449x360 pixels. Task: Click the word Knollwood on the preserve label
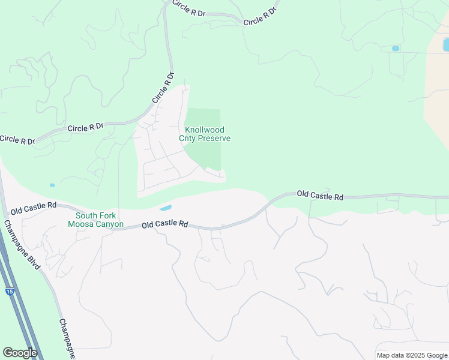[205, 130]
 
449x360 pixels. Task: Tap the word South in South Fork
[86, 215]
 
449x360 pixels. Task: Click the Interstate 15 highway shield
[10, 291]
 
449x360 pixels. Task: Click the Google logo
[19, 353]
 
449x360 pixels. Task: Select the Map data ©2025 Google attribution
[411, 355]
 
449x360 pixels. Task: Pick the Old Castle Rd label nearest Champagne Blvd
[33, 208]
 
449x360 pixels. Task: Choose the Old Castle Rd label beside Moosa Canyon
[165, 224]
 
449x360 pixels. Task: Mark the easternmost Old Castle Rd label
[320, 195]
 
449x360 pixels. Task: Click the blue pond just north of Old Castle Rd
[165, 208]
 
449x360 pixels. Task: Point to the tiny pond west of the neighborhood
[52, 185]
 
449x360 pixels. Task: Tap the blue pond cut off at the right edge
[445, 44]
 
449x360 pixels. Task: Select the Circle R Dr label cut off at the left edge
[17, 140]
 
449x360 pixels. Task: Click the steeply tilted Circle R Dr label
[162, 88]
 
